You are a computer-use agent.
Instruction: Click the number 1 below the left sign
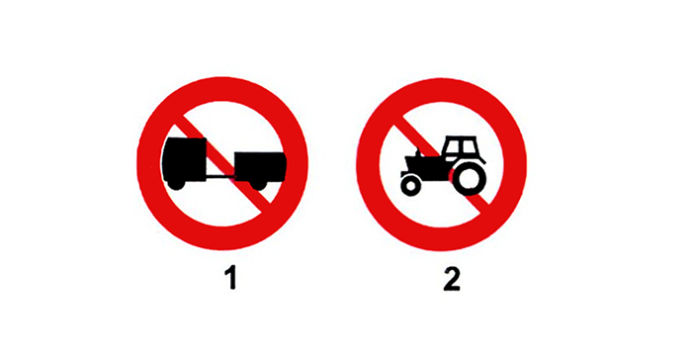coord(230,279)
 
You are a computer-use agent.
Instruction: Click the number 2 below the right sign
coord(452,279)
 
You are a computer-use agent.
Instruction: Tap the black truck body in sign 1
coord(185,159)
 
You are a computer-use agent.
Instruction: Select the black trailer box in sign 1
coord(259,166)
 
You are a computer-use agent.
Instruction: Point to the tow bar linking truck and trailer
coord(220,177)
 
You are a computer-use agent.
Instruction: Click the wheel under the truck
coord(176,184)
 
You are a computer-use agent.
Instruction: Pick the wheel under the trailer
coord(259,185)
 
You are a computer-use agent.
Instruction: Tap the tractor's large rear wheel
coord(470,178)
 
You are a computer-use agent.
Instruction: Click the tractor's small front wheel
coord(411,185)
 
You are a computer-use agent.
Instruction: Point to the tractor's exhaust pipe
coord(417,152)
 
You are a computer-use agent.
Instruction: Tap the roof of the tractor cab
coord(462,137)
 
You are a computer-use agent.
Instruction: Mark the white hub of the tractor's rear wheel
coord(470,178)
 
